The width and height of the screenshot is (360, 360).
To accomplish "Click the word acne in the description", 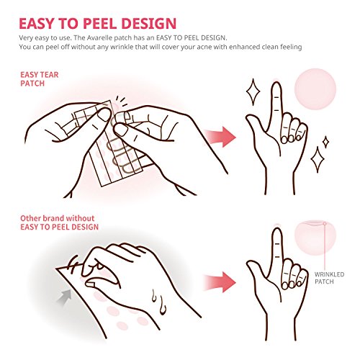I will coord(230,46).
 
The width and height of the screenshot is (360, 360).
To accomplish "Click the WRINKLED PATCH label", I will coord(330,278).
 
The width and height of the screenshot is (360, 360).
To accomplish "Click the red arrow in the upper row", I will coord(220,134).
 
